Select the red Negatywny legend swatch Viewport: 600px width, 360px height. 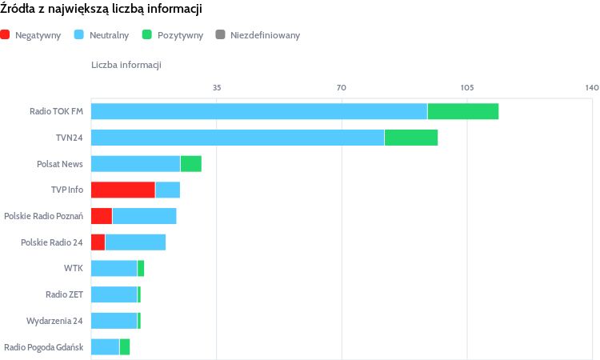click(6, 35)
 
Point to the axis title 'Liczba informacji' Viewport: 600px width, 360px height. click(126, 65)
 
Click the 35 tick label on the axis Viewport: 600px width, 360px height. click(217, 87)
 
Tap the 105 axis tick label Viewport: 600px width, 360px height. click(467, 87)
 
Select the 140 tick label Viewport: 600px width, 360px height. click(592, 87)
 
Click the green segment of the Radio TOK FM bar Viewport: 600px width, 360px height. click(463, 111)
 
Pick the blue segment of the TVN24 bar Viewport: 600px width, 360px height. click(238, 138)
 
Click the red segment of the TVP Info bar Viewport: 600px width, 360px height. click(122, 190)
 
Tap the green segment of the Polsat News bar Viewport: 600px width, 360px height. click(190, 164)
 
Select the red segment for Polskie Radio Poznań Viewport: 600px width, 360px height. click(102, 216)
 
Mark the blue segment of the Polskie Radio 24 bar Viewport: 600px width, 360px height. click(135, 242)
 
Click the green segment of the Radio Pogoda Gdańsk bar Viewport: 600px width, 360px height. click(124, 346)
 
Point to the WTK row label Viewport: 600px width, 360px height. click(74, 268)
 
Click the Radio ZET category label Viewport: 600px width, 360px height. click(64, 294)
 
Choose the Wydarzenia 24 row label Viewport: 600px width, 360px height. click(54, 321)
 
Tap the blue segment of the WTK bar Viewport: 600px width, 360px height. click(114, 268)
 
